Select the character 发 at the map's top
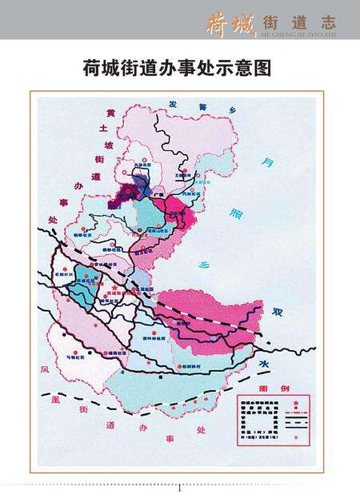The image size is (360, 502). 174,104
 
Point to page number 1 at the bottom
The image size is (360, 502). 179,488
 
